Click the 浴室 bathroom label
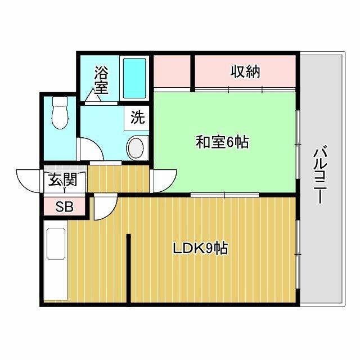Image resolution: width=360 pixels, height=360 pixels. click(101, 80)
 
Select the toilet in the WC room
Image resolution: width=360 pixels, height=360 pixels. click(58, 114)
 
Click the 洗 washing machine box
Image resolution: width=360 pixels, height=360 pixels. click(138, 118)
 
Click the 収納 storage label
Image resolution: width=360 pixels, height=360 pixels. click(245, 72)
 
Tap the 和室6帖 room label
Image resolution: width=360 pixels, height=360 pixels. click(222, 142)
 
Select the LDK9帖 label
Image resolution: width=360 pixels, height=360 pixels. click(200, 248)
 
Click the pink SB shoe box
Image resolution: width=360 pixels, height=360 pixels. click(64, 206)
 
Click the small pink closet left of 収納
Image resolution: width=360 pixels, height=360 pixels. click(172, 72)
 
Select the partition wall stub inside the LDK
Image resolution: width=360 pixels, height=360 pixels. click(129, 267)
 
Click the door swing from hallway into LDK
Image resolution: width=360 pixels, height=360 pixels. click(103, 207)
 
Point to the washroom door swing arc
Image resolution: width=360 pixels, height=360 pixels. click(90, 150)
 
